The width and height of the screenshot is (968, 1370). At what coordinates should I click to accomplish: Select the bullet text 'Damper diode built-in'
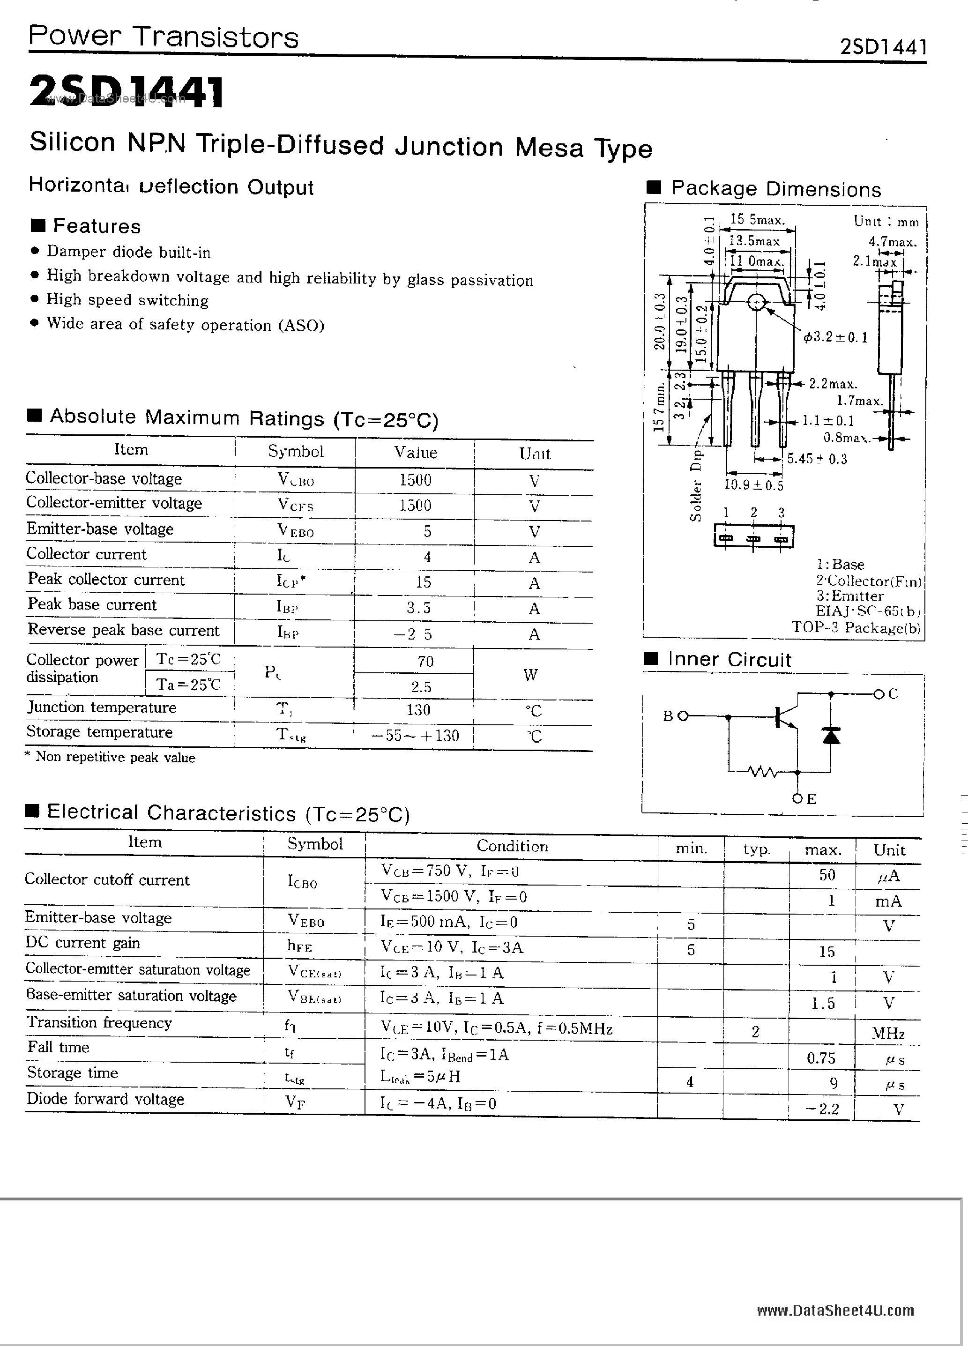click(128, 253)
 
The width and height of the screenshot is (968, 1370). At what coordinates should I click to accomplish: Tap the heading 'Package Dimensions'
click(776, 189)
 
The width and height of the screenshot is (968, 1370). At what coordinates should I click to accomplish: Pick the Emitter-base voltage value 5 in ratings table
click(427, 531)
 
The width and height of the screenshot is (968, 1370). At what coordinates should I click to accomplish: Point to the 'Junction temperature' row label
click(102, 707)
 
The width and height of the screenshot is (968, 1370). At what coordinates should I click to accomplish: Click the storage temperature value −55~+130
click(416, 735)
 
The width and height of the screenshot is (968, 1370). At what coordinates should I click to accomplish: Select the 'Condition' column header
click(512, 846)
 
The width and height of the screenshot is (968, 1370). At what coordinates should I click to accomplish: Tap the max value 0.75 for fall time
click(821, 1058)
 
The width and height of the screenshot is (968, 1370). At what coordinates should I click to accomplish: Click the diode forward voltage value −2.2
click(822, 1109)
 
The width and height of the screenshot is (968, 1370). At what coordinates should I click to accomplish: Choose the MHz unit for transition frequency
click(888, 1033)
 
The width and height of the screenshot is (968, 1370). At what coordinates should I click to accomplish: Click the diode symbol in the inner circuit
click(831, 735)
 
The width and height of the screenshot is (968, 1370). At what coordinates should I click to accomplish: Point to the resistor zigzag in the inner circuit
click(761, 773)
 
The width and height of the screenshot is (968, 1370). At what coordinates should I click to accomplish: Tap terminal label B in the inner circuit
click(669, 716)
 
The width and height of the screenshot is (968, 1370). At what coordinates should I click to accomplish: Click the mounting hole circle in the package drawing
click(757, 303)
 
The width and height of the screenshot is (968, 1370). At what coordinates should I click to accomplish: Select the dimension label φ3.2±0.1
click(835, 338)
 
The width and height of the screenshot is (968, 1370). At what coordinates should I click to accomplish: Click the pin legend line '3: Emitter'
click(850, 596)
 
